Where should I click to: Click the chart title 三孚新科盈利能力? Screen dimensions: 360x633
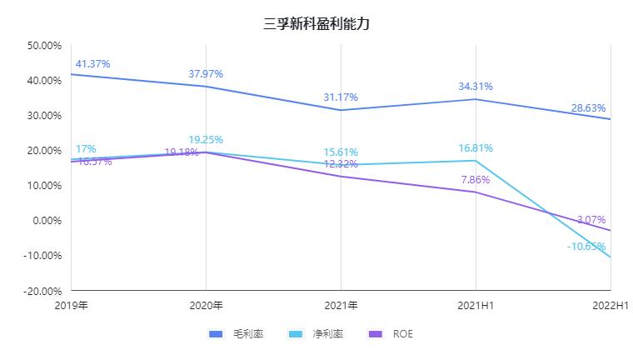[316, 24]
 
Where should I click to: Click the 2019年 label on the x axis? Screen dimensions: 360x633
[72, 306]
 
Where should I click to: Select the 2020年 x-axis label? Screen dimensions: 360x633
[206, 306]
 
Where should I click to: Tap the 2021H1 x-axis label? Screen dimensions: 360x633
[476, 306]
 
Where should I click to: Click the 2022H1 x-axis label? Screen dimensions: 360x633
[611, 306]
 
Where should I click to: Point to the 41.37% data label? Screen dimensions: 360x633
[92, 64]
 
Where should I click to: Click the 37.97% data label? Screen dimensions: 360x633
[206, 74]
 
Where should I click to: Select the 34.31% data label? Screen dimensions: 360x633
[476, 87]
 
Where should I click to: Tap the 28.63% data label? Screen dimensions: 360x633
[588, 108]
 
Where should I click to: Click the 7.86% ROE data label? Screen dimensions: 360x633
[476, 180]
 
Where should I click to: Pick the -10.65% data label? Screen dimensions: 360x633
[586, 247]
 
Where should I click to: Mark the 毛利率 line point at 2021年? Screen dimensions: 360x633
[341, 110]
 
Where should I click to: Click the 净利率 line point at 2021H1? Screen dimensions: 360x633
[476, 161]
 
